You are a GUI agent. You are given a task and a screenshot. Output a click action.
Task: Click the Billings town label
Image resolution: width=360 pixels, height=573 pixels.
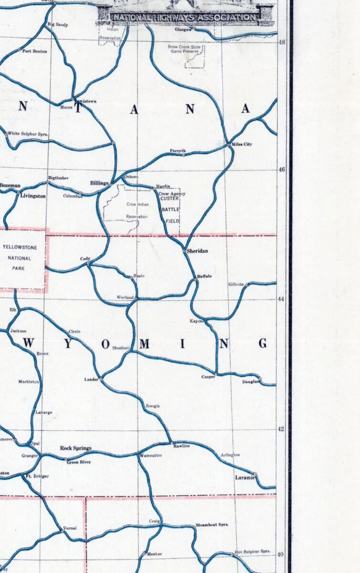coord(99,183)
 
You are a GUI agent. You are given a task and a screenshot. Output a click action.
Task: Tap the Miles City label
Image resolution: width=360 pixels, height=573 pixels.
coord(241,144)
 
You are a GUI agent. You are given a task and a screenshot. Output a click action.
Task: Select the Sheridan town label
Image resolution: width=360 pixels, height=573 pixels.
coord(197,251)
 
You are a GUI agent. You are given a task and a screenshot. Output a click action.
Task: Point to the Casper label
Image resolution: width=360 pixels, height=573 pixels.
coord(208,377)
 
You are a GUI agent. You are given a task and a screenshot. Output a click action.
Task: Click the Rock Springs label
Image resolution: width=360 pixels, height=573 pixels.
coord(75,448)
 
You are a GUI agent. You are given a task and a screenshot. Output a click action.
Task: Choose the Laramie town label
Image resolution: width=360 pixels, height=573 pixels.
coord(245,477)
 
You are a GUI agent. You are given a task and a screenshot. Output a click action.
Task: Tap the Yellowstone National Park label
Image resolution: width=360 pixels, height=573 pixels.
coord(23,258)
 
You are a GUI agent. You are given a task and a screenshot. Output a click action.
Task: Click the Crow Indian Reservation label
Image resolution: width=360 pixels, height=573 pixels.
coord(137,210)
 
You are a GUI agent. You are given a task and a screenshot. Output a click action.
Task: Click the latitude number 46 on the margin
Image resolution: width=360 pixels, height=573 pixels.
coord(281,170)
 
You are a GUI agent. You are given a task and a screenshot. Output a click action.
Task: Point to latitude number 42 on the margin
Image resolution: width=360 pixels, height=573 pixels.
coord(281,429)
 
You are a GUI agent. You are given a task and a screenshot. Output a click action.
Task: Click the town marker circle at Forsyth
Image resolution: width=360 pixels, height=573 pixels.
coord(184,155)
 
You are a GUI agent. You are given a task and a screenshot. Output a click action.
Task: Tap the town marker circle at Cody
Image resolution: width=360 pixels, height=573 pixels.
coord(88,263)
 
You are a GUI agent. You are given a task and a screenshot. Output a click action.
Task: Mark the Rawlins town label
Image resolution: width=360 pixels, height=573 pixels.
coord(181,446)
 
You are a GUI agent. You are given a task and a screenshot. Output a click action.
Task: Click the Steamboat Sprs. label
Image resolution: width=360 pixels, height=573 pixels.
coord(212,525)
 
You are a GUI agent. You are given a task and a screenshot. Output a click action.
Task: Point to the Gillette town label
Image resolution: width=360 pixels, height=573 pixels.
coord(236,285)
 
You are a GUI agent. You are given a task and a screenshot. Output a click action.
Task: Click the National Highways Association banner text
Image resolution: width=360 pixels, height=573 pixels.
coord(184,18)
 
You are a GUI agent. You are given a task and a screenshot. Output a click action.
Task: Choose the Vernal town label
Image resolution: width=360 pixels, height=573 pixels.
coord(70,528)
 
